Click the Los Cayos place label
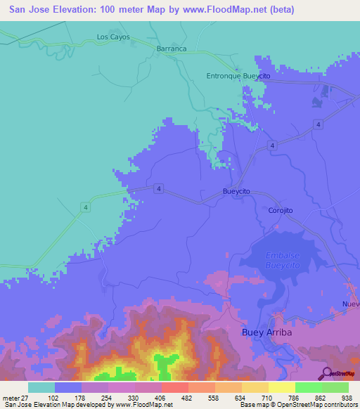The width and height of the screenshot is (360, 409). pyautogui.click(x=113, y=37)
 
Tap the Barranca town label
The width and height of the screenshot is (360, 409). pyautogui.click(x=172, y=48)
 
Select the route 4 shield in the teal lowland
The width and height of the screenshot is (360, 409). pyautogui.click(x=85, y=206)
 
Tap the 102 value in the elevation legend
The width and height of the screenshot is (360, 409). pyautogui.click(x=53, y=397)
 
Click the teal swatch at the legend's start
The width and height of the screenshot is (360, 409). pyautogui.click(x=41, y=387)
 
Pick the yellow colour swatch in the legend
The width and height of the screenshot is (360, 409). pyautogui.click(x=281, y=387)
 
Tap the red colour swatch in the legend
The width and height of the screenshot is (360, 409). pyautogui.click(x=174, y=387)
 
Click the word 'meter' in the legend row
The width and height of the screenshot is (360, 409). pyautogui.click(x=12, y=397)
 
